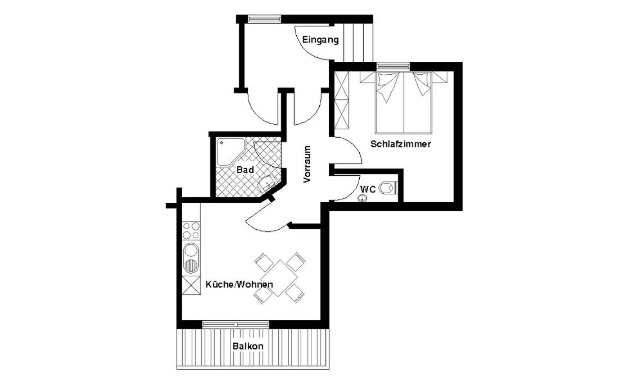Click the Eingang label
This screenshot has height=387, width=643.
[x=321, y=40]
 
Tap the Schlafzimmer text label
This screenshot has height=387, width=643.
[x=401, y=144]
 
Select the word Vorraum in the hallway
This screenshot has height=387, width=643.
[x=307, y=165]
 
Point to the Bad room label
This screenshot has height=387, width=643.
[x=245, y=170]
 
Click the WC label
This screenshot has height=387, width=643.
[x=368, y=189]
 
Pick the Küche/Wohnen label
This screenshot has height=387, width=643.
[x=239, y=285]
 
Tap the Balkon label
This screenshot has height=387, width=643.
[x=248, y=347]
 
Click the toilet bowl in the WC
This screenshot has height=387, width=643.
[x=387, y=188]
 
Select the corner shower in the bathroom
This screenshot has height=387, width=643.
[x=230, y=152]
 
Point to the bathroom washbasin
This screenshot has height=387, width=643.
[x=268, y=183]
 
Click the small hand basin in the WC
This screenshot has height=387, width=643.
[x=362, y=199]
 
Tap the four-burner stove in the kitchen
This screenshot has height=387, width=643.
[x=191, y=230]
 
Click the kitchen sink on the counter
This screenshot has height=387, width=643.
[x=191, y=258]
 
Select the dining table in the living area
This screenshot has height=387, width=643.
[x=279, y=278]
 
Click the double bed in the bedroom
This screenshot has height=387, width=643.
[x=404, y=102]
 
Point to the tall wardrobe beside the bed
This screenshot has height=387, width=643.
[x=342, y=100]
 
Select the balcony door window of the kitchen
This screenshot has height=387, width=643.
[x=236, y=324]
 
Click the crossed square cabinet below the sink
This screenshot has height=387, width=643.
[x=191, y=285]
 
